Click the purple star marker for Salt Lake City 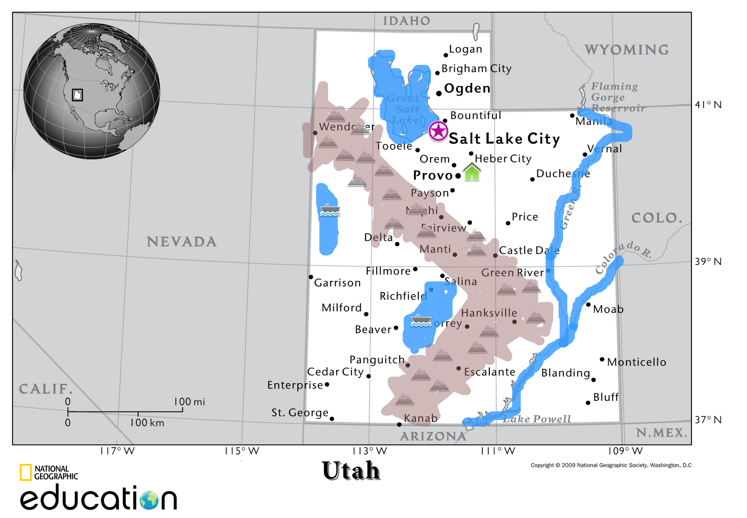(438, 131)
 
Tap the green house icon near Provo (472, 172)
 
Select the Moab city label (608, 309)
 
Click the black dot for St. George (332, 419)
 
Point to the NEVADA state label (182, 242)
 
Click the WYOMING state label (627, 50)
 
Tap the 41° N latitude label (708, 105)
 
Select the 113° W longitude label (369, 451)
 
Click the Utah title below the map (351, 470)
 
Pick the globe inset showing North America (92, 91)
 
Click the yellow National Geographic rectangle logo (26, 472)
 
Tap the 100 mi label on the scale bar (189, 402)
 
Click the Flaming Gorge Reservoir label (617, 97)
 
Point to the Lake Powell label (537, 419)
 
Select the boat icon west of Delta (330, 210)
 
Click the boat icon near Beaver (421, 321)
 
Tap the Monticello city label (636, 362)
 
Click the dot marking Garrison (311, 277)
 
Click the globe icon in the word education (149, 500)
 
